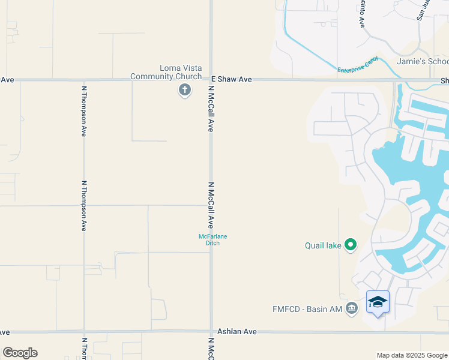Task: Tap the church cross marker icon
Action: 185,91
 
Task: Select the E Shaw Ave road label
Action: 231,79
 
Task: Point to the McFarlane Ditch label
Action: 212,239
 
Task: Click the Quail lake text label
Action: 323,245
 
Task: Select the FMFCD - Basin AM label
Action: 315,309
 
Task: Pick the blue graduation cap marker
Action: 378,302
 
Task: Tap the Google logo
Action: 20,353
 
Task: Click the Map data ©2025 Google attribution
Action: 412,355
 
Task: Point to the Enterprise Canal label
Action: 358,65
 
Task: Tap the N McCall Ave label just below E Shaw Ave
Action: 211,108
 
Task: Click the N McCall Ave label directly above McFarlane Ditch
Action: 211,205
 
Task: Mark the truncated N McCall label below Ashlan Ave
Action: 211,349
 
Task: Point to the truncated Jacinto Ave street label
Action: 361,14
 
